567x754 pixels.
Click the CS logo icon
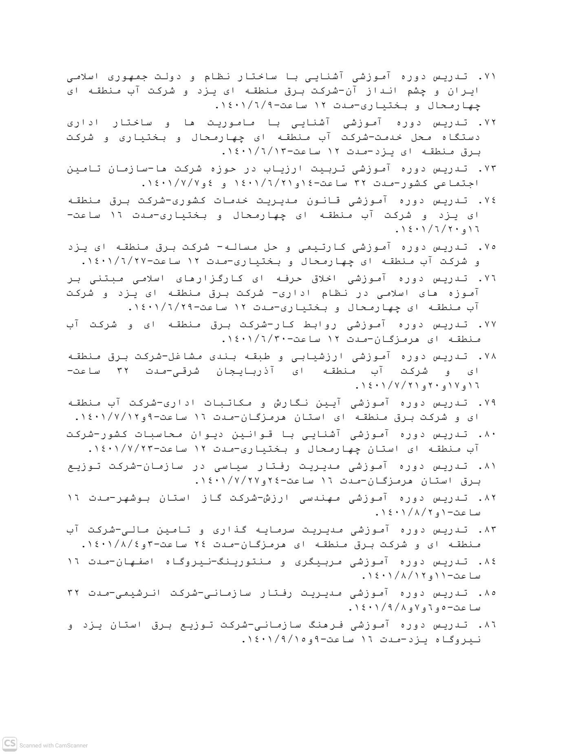[x=10, y=744]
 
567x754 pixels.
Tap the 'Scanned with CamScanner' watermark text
[x=53, y=745]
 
